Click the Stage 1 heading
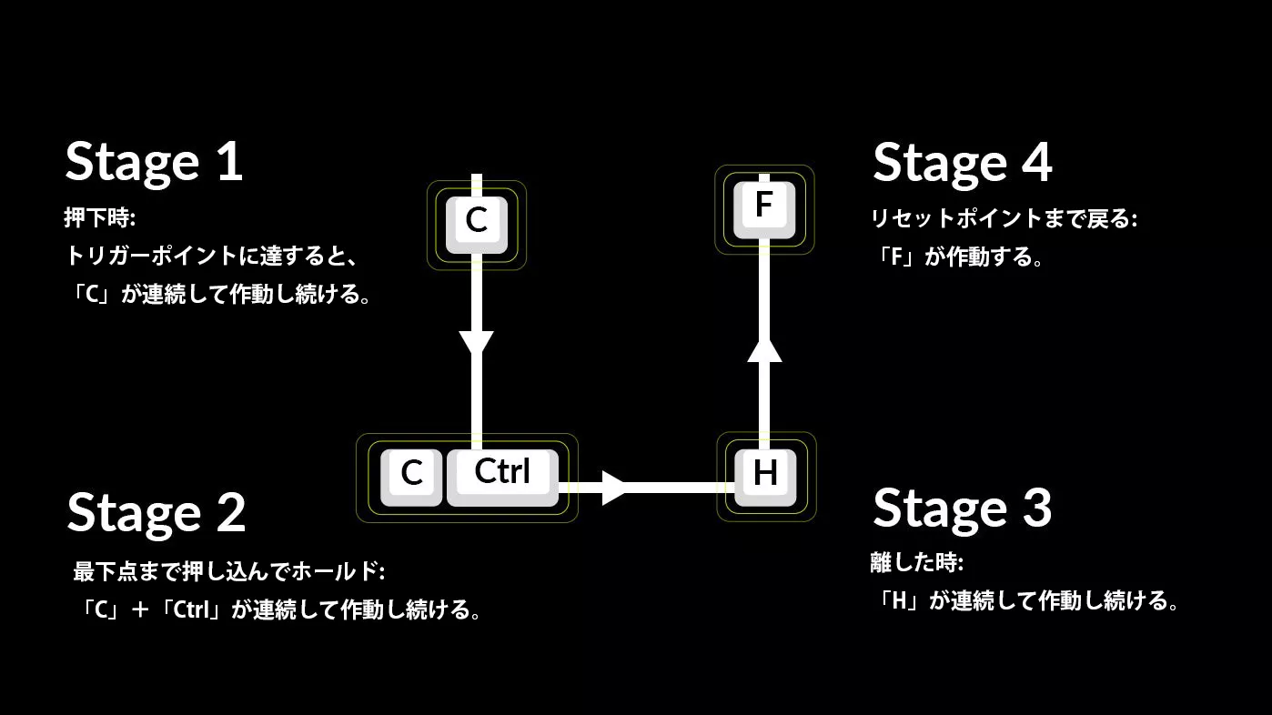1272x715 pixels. (154, 164)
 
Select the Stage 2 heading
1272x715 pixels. (156, 514)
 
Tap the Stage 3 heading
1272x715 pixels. (963, 509)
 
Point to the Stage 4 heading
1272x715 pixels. (963, 164)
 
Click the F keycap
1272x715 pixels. (764, 210)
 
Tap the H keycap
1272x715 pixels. (765, 478)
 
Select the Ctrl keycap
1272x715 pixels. (502, 478)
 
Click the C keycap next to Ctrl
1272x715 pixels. (411, 478)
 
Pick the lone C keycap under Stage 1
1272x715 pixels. (477, 225)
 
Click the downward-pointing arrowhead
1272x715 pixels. (477, 342)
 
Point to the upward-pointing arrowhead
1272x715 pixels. (764, 350)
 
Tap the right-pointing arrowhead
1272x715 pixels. (613, 488)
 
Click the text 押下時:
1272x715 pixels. (100, 217)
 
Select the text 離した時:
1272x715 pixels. (917, 562)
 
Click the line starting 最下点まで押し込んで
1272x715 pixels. (229, 571)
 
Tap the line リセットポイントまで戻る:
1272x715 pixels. (1004, 218)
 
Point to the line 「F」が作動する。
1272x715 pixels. (958, 257)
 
